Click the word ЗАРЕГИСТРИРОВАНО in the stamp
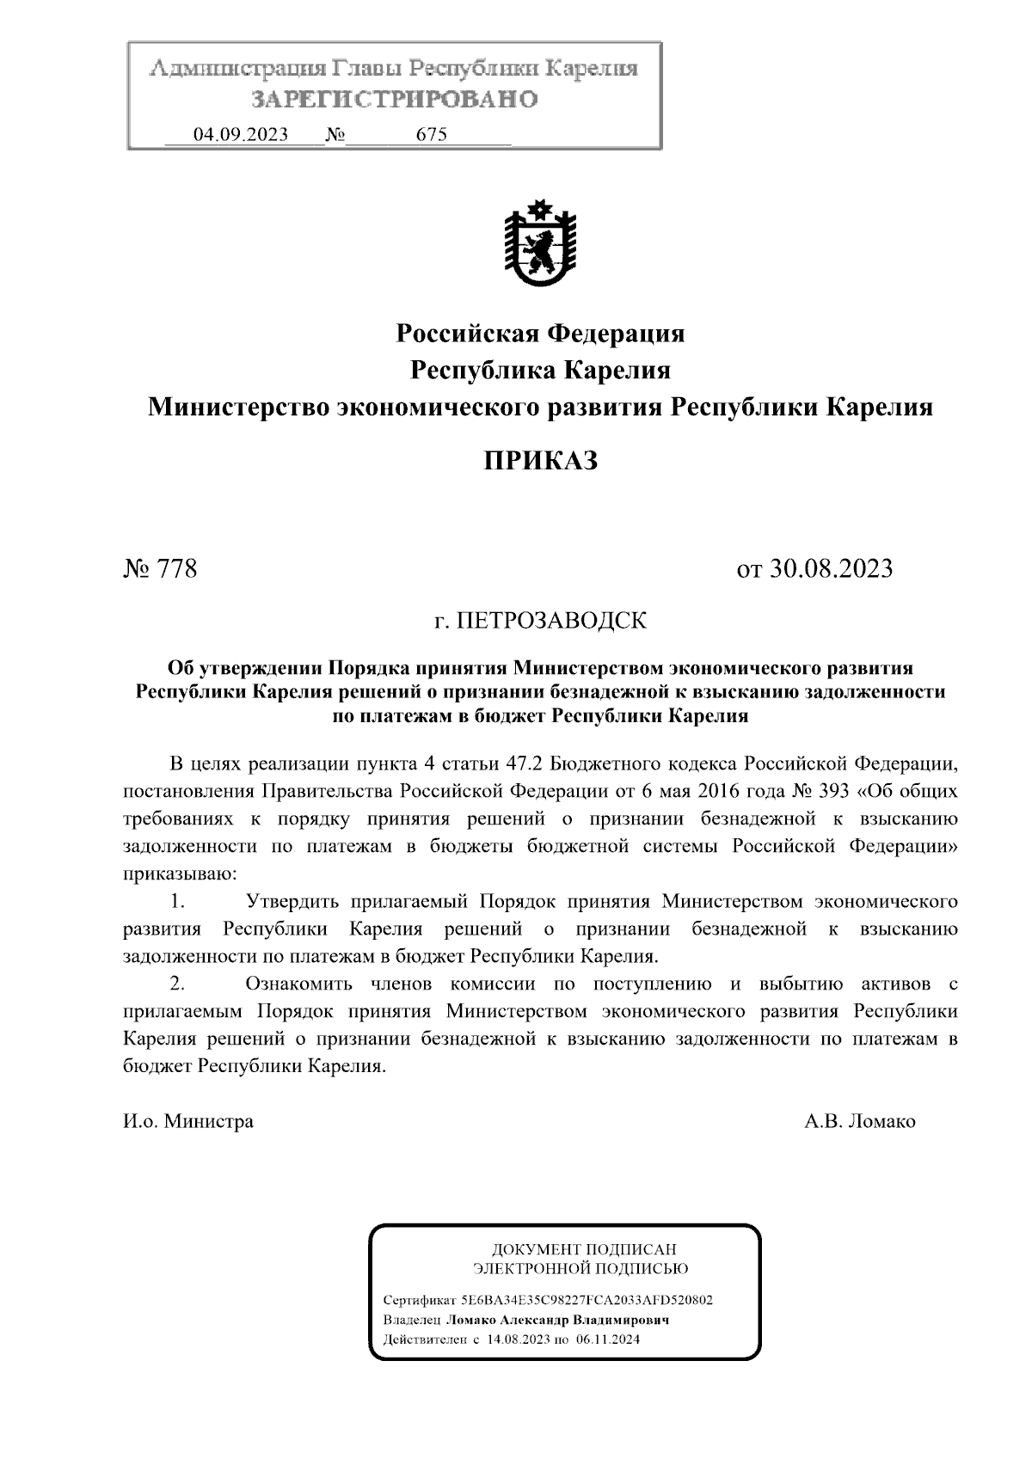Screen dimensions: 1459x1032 (x=395, y=100)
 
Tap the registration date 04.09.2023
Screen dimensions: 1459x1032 (x=240, y=135)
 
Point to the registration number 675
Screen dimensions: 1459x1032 (x=431, y=135)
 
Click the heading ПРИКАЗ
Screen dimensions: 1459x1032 (x=540, y=461)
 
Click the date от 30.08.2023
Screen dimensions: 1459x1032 (x=814, y=568)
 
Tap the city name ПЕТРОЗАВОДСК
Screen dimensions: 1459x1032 (x=551, y=620)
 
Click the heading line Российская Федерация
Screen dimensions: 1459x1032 (x=540, y=333)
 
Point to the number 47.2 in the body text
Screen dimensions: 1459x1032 (x=525, y=763)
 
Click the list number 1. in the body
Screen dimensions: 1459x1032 (x=178, y=902)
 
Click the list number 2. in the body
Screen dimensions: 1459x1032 (x=178, y=984)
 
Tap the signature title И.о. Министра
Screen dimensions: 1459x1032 (x=188, y=1121)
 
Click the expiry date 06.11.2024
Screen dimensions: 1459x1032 (x=609, y=1339)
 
